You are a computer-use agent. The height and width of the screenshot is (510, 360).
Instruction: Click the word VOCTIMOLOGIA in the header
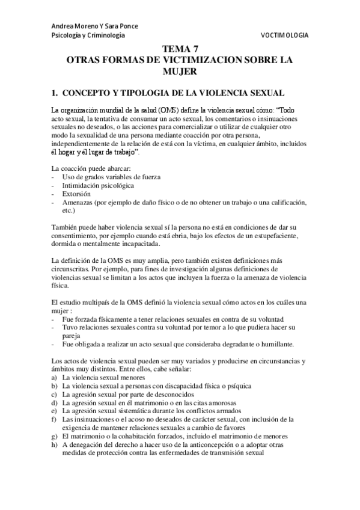(x=284, y=36)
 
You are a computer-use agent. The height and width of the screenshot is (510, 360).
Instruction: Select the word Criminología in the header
(x=105, y=36)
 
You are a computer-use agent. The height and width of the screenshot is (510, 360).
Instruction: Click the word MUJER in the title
(x=180, y=71)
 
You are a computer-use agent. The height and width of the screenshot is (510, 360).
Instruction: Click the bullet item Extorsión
(x=76, y=194)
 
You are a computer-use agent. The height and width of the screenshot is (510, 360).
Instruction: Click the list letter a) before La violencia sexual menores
(x=55, y=376)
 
